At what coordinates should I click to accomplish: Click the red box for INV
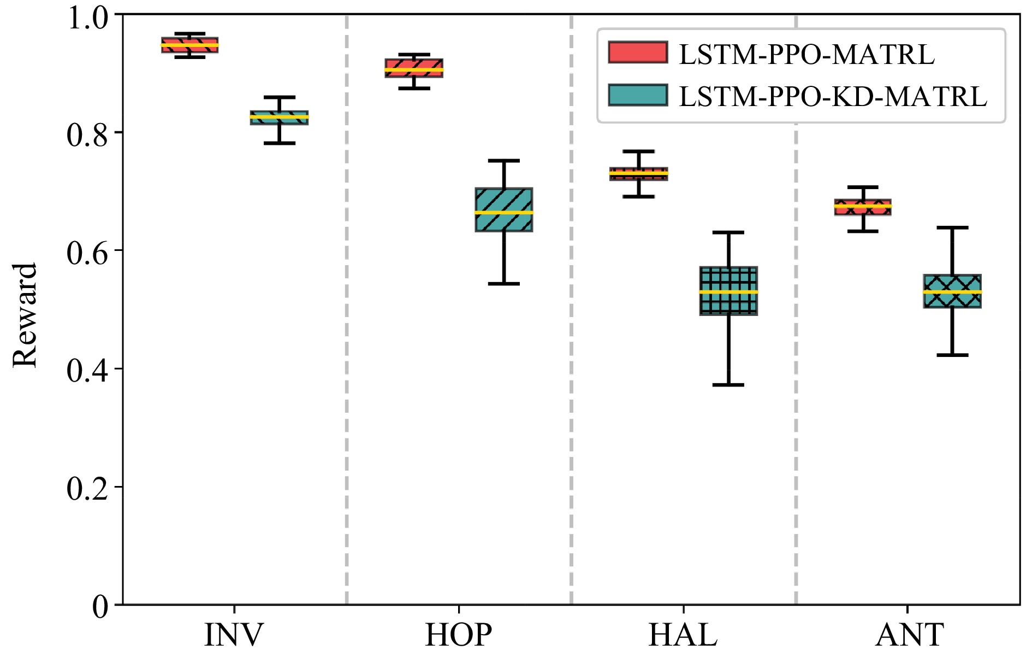click(189, 45)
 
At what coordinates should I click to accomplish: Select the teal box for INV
click(279, 118)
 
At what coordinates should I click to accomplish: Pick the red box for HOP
click(414, 68)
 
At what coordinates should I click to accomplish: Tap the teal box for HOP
click(503, 210)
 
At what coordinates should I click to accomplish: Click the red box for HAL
click(638, 174)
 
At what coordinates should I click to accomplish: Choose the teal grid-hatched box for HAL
click(728, 291)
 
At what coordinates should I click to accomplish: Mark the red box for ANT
click(863, 207)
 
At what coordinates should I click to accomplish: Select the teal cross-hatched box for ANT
click(952, 291)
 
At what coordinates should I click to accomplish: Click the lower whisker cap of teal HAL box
click(728, 385)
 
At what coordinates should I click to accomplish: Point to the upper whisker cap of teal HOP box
click(503, 161)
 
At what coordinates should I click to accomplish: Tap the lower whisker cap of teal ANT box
click(952, 355)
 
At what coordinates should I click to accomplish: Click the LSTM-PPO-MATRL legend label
click(806, 54)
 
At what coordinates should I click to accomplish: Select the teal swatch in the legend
click(638, 95)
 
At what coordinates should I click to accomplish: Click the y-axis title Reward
click(25, 315)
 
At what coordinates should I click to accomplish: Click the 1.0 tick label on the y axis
click(87, 18)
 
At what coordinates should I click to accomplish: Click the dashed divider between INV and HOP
click(347, 328)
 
